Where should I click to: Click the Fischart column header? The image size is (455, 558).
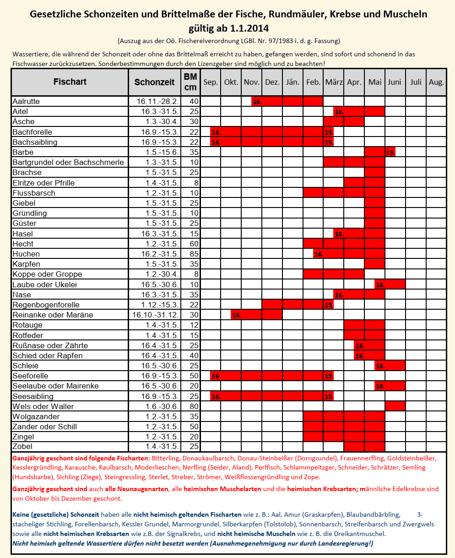[70, 82]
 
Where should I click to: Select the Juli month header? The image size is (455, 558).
[416, 82]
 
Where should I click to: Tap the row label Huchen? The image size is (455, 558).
[26, 254]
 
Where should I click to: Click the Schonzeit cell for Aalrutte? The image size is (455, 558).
[154, 101]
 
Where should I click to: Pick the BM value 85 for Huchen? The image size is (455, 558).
[194, 254]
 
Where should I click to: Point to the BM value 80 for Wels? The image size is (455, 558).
[194, 406]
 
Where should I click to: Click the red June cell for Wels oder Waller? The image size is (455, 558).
[395, 406]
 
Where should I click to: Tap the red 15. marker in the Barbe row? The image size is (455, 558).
[390, 153]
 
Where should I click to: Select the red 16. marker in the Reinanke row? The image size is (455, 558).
[236, 315]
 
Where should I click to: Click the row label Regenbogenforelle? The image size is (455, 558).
[46, 305]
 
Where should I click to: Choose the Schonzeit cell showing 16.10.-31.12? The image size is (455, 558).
[154, 315]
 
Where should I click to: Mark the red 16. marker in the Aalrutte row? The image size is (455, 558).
[257, 102]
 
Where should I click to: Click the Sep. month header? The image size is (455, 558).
[211, 82]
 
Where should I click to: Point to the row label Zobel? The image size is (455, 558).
[23, 446]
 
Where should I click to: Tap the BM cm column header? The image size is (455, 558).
[190, 82]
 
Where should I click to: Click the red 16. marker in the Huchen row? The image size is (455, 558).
[319, 254]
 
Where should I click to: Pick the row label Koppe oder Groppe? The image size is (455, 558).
[48, 274]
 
